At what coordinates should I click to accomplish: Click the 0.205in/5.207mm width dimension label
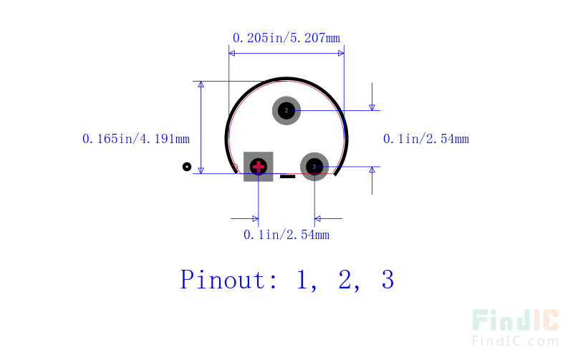[x=286, y=38]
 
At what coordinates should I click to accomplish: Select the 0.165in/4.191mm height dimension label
[x=136, y=139]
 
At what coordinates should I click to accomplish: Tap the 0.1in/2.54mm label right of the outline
[x=426, y=139]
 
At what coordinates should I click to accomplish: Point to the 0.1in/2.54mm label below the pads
[x=286, y=235]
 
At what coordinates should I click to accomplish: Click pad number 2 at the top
[x=286, y=111]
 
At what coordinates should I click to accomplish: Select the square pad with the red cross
[x=259, y=167]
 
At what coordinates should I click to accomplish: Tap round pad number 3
[x=314, y=167]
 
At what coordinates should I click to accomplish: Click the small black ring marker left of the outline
[x=187, y=167]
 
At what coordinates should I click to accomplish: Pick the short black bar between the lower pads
[x=288, y=177]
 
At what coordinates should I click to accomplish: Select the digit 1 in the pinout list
[x=302, y=280]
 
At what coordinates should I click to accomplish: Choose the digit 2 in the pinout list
[x=345, y=280]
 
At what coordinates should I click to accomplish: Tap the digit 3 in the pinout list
[x=387, y=280]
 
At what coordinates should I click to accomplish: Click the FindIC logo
[x=516, y=320]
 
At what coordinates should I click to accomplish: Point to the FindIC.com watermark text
[x=516, y=341]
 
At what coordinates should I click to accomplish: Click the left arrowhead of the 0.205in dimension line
[x=232, y=53]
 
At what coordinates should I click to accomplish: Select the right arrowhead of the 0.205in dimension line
[x=341, y=53]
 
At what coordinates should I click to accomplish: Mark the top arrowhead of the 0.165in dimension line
[x=201, y=84]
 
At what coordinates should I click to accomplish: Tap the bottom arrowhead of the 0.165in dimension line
[x=201, y=170]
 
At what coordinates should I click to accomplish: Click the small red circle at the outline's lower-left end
[x=235, y=167]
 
